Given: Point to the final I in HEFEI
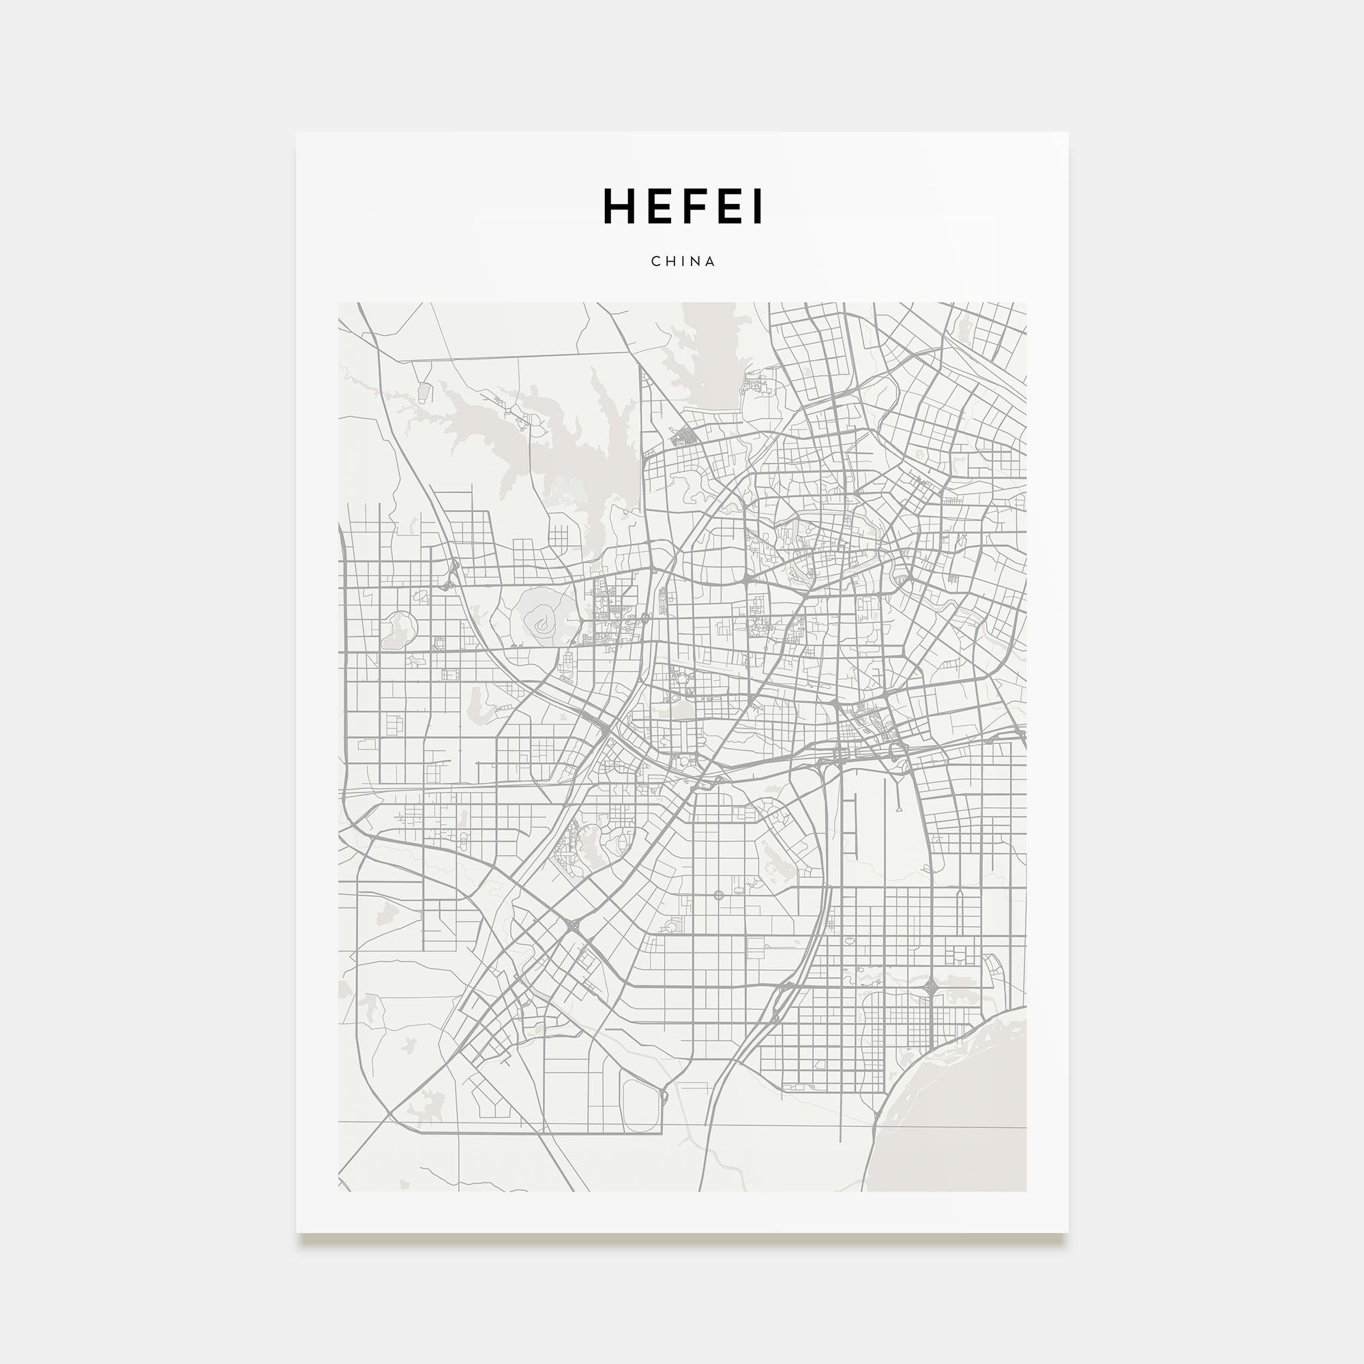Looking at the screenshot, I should click(759, 207).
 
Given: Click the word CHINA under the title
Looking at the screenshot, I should click(683, 261).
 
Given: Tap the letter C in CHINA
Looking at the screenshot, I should click(655, 261).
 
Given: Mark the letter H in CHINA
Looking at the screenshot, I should click(670, 261).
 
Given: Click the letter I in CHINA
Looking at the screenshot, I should click(683, 261).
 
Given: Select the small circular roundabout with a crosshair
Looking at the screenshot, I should click(719, 895).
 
